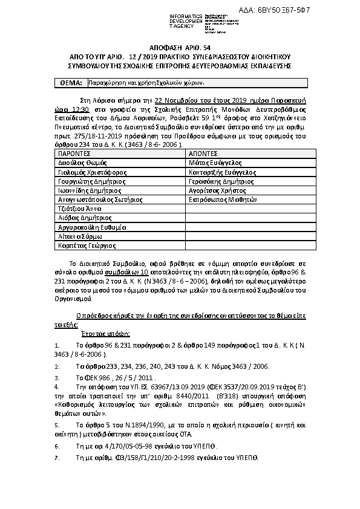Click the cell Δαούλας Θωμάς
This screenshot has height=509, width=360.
[x=82, y=163]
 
